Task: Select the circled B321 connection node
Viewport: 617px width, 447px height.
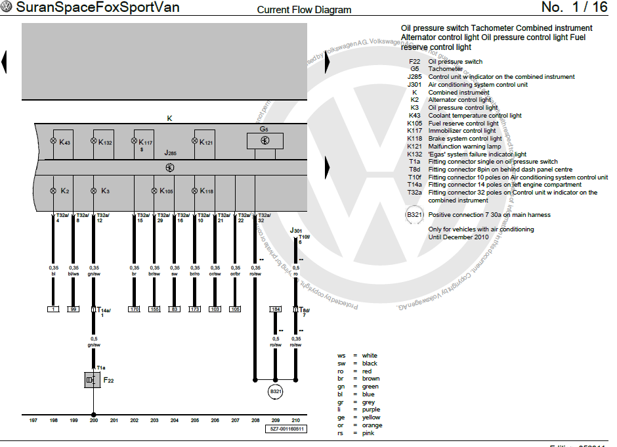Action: click(x=275, y=392)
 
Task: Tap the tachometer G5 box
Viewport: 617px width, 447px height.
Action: click(x=265, y=141)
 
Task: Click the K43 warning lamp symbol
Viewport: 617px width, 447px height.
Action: click(x=54, y=142)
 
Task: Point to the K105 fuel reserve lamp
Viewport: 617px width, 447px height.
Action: click(x=154, y=191)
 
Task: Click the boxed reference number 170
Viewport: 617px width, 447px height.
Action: click(x=135, y=309)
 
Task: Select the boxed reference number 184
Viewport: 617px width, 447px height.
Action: click(x=276, y=309)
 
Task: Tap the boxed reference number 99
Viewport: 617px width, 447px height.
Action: click(x=74, y=309)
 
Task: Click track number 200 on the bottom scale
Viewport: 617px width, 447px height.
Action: click(x=94, y=420)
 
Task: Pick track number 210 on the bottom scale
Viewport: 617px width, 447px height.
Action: click(x=295, y=420)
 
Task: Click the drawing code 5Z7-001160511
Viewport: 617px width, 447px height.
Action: click(x=287, y=429)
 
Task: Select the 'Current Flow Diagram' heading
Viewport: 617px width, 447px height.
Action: click(x=304, y=10)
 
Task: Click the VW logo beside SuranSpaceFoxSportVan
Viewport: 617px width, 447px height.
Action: click(x=7, y=8)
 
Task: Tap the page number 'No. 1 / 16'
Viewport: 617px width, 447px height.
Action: click(x=574, y=8)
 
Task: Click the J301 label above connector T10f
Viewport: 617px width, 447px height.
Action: click(x=296, y=231)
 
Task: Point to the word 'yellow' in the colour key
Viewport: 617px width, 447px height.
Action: click(x=371, y=417)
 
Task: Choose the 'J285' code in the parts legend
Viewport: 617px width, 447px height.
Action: click(x=414, y=77)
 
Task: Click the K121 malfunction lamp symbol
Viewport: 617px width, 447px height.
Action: click(x=194, y=142)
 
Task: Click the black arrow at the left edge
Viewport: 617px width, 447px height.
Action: click(x=4, y=62)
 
